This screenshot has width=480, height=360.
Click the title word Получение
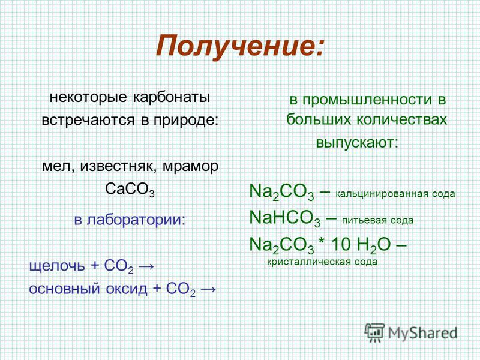[x=239, y=46]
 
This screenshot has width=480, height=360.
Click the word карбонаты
[x=172, y=97]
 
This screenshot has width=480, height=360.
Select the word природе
[x=186, y=120]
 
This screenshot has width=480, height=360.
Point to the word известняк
[x=119, y=167]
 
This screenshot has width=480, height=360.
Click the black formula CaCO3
[x=130, y=189]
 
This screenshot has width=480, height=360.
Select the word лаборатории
[x=136, y=220]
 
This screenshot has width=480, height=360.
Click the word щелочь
[x=57, y=265]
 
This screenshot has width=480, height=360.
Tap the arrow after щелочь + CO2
[x=146, y=266]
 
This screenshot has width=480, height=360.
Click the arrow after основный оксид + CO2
[x=208, y=289]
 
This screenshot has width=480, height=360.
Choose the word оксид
[x=127, y=289]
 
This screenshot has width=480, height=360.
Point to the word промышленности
[x=367, y=100]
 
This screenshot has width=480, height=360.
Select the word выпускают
[x=357, y=143]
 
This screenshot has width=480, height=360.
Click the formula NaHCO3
[x=285, y=218]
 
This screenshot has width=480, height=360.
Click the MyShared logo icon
[x=374, y=332]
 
